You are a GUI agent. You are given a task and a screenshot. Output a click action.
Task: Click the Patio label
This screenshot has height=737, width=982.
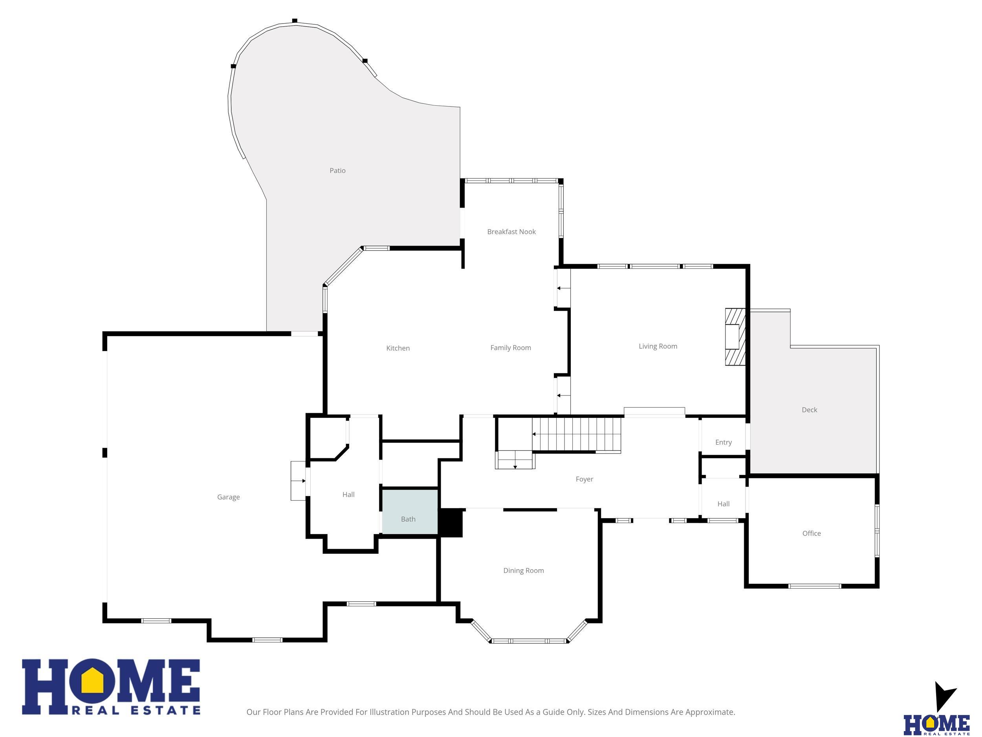pos(337,171)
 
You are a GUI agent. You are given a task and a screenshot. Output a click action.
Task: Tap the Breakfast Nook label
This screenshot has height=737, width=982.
pos(511,232)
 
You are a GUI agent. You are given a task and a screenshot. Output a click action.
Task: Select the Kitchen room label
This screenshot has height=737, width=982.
pos(398,348)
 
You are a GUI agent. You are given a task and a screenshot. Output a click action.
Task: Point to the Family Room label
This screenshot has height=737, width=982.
pos(511,348)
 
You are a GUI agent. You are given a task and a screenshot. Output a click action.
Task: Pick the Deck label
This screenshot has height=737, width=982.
pos(809,410)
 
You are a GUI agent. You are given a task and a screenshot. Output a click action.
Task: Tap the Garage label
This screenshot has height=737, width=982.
pos(228,497)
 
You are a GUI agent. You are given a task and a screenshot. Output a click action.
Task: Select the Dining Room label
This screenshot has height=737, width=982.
pos(524,570)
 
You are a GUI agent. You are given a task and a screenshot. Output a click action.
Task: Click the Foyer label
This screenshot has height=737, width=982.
pos(584,479)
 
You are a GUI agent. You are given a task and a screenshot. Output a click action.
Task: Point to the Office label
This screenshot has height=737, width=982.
pos(812,533)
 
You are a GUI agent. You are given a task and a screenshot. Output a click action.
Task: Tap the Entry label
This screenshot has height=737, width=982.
pos(724,443)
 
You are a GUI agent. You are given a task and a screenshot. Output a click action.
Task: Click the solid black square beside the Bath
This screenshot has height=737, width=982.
pos(451,522)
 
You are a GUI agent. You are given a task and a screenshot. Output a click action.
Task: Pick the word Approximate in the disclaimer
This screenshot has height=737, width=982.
pos(709,712)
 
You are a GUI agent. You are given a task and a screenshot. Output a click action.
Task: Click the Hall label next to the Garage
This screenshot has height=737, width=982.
pos(348,494)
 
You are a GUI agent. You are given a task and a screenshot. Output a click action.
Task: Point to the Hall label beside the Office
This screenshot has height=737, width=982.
pos(724,504)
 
